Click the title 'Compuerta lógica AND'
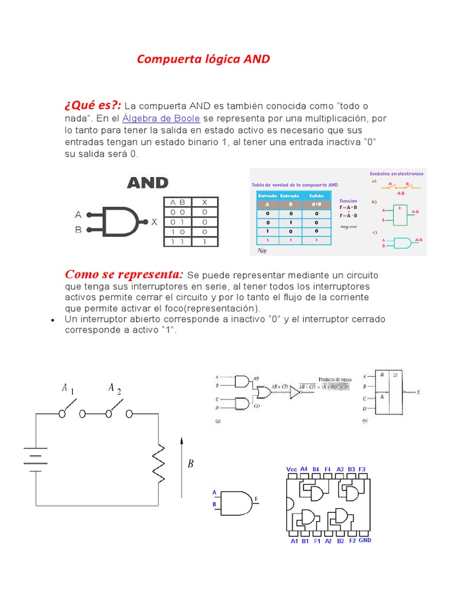click(203, 59)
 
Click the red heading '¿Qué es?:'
click(93, 105)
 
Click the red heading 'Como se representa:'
click(124, 274)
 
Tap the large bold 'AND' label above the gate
click(148, 183)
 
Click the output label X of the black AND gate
click(154, 222)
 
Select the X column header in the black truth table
click(204, 201)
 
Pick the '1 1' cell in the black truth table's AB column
click(177, 242)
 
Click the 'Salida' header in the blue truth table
click(316, 195)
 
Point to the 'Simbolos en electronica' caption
click(396, 174)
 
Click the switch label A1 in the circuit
click(67, 389)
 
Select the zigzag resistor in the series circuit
click(158, 461)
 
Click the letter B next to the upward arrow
click(190, 464)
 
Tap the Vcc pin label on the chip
click(291, 469)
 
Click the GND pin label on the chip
click(365, 540)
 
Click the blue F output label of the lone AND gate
click(256, 499)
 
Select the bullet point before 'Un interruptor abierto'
click(53, 320)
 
